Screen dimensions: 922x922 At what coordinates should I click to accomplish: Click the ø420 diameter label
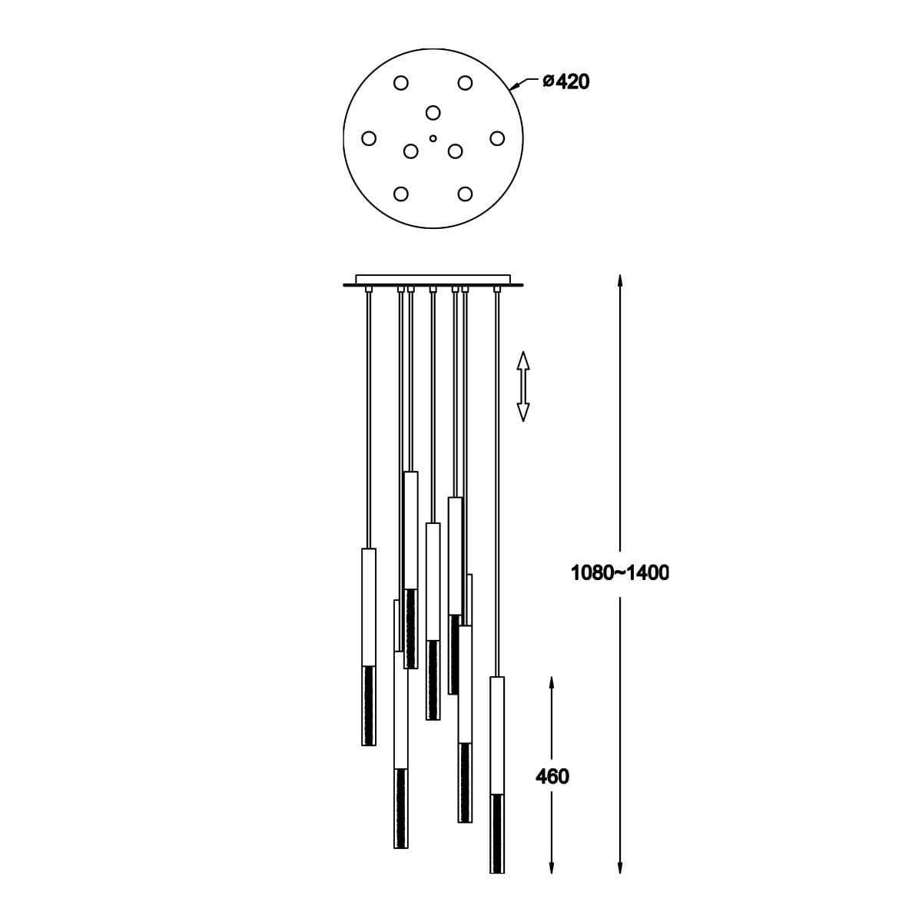tap(566, 82)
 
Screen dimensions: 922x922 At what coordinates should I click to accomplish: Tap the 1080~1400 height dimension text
tap(619, 572)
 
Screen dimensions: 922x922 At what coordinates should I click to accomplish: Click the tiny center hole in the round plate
tap(433, 138)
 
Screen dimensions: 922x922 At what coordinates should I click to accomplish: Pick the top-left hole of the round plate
tap(401, 83)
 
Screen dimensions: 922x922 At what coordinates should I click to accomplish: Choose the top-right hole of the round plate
tap(465, 83)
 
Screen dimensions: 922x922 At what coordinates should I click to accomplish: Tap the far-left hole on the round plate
tap(369, 138)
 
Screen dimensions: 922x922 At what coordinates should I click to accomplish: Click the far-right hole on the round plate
tap(498, 138)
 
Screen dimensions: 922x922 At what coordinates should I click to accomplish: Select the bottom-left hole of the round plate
tap(401, 194)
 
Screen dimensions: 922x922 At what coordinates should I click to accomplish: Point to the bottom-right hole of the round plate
tap(465, 194)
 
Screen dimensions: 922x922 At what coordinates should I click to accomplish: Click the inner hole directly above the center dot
tap(433, 112)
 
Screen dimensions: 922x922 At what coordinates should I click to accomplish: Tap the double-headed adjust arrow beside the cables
tap(523, 386)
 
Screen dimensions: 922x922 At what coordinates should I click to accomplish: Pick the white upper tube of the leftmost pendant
tap(369, 607)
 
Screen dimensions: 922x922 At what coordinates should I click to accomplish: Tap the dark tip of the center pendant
tap(433, 680)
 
